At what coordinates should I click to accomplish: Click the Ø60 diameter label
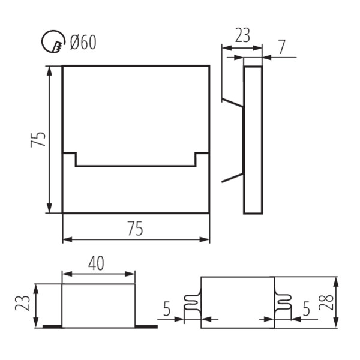click(x=83, y=43)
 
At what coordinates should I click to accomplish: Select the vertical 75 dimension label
click(x=37, y=139)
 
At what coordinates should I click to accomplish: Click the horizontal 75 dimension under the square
click(x=136, y=229)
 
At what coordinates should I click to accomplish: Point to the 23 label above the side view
click(x=242, y=35)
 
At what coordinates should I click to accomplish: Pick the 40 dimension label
click(x=97, y=263)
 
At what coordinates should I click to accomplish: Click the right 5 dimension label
click(x=306, y=310)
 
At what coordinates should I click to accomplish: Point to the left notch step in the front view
click(x=71, y=158)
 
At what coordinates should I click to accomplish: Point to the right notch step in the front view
click(x=202, y=158)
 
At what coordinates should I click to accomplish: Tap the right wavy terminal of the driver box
click(x=282, y=304)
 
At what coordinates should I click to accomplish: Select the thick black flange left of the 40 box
click(x=52, y=326)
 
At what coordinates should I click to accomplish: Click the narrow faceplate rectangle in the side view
click(x=253, y=139)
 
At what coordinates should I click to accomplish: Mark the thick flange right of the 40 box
click(x=146, y=326)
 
